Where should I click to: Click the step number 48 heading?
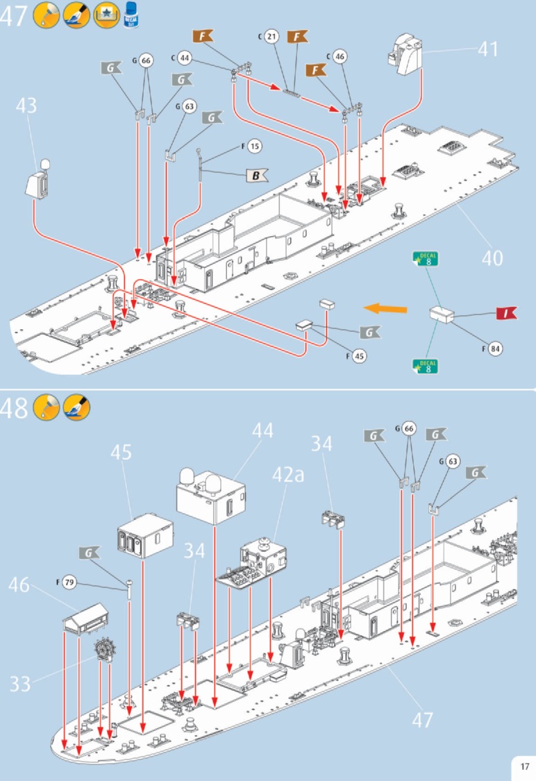click(15, 408)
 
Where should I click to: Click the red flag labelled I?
click(506, 314)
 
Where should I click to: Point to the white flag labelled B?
click(255, 176)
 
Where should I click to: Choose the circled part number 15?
click(255, 146)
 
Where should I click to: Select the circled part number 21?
click(271, 36)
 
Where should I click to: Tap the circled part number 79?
click(69, 582)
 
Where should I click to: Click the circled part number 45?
click(359, 355)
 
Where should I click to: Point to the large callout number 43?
click(26, 106)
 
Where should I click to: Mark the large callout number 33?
click(20, 684)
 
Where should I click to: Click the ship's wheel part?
click(105, 650)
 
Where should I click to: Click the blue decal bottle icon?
click(130, 15)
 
